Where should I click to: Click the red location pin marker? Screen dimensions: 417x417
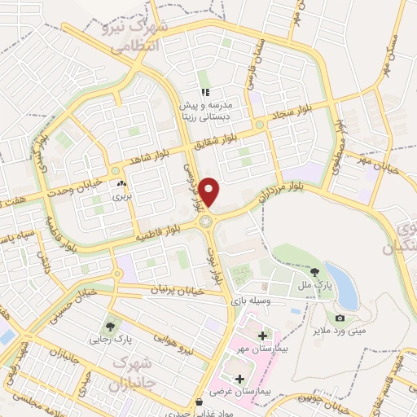coord(209,191)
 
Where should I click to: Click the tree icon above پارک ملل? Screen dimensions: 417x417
coord(316,272)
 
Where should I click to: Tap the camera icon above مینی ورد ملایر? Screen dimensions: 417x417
coord(340,318)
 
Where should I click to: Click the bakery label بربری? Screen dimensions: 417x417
coord(121,196)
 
